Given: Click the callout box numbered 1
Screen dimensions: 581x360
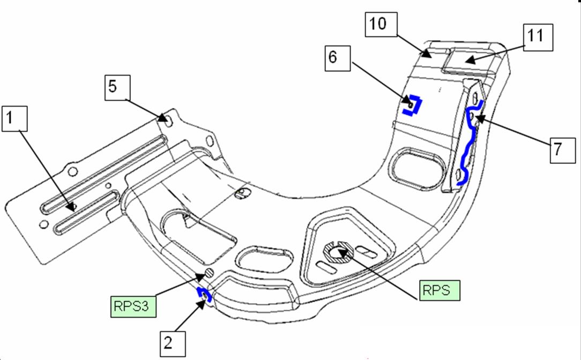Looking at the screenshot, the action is pos(14,118).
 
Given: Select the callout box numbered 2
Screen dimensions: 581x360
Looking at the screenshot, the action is pos(173,344).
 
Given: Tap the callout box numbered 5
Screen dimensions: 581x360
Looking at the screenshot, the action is pos(117,88).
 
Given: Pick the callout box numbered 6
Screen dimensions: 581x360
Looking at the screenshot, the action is pos(338,58).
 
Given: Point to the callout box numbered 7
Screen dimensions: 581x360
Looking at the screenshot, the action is pos(562,150).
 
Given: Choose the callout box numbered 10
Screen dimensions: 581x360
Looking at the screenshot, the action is pos(381,25).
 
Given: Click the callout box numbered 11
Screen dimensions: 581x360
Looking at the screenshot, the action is pos(538,37).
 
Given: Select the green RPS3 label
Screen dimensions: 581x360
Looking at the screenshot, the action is pos(133,306).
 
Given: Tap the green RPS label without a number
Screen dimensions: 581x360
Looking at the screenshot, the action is pos(440,290).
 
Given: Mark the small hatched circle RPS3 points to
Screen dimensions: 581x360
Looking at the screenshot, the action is pos(210,273).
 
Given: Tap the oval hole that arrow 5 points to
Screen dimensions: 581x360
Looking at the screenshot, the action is pos(169,121).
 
